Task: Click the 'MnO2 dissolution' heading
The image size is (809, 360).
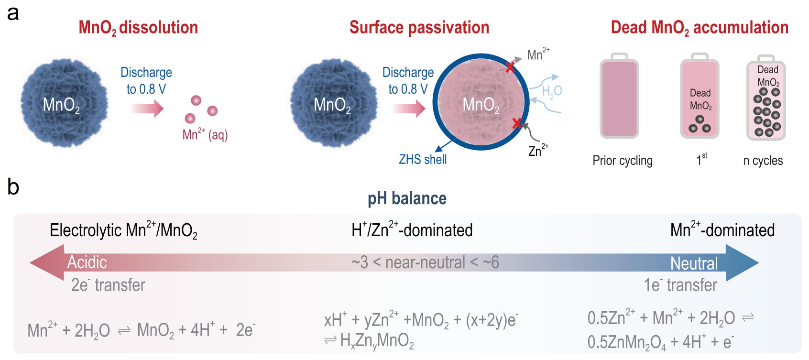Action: (x=138, y=28)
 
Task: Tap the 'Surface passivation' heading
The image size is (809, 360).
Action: (x=419, y=28)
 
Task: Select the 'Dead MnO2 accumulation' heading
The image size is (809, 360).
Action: (x=700, y=28)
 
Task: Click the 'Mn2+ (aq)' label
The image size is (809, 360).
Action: (x=205, y=135)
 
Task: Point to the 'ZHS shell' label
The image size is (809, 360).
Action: (x=423, y=159)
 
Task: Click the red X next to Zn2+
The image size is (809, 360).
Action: (x=516, y=123)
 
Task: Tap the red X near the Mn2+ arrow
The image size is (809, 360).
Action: (x=510, y=67)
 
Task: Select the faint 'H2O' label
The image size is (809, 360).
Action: (x=551, y=91)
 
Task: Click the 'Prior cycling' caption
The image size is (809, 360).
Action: (x=622, y=161)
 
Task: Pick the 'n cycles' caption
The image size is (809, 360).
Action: (x=763, y=161)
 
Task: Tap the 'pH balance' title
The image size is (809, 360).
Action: (x=407, y=198)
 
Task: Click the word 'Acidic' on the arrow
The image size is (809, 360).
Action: (x=87, y=262)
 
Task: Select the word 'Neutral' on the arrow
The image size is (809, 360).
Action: (x=694, y=263)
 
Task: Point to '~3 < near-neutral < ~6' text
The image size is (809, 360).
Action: (x=425, y=262)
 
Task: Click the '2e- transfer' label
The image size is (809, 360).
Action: (x=108, y=285)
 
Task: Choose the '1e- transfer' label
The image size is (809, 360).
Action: (x=680, y=285)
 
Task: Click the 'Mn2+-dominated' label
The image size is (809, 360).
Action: (x=722, y=230)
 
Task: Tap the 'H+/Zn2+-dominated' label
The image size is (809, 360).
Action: (x=412, y=230)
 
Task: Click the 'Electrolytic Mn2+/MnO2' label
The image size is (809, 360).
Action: (x=123, y=230)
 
